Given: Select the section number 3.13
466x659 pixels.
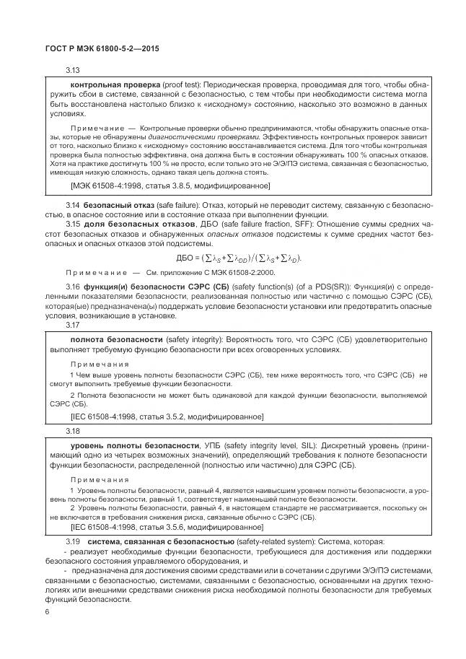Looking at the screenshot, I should pos(73,71).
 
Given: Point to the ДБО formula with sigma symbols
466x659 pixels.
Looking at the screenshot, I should pos(239,258).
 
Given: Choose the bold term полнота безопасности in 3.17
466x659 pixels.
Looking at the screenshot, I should pos(116,339).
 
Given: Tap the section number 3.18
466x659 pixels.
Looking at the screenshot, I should pos(73,431).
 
